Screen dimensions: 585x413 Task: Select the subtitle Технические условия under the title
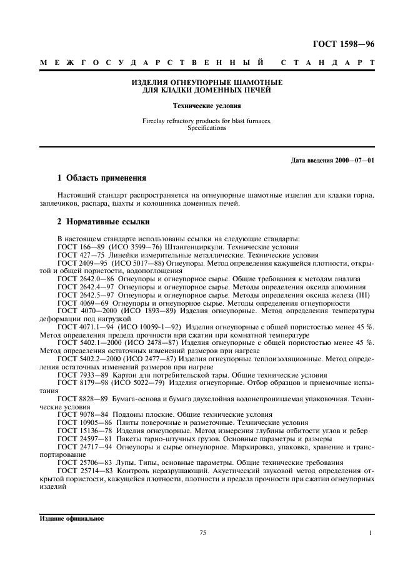point(206,106)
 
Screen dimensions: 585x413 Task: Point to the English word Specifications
point(206,128)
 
